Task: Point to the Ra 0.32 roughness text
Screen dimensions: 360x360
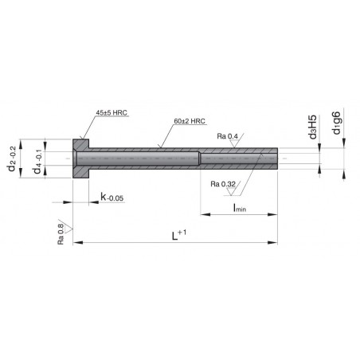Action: (x=224, y=184)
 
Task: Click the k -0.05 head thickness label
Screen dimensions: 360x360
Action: (x=111, y=197)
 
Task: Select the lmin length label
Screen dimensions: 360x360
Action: (x=238, y=207)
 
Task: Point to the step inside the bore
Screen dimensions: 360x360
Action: (x=199, y=157)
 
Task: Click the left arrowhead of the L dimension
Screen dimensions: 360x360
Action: (x=78, y=243)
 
